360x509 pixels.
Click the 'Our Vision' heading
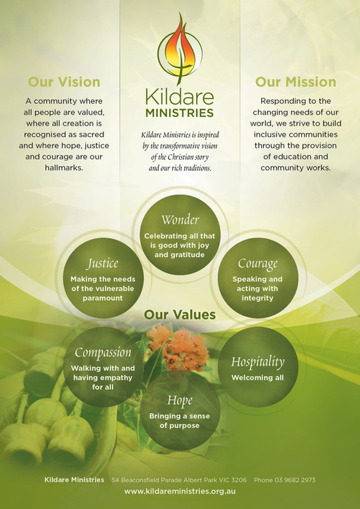click(64, 82)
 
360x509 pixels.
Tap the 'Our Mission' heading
click(296, 82)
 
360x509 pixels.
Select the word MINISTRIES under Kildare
click(179, 113)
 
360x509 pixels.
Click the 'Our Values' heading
click(179, 314)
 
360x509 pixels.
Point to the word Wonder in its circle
click(179, 220)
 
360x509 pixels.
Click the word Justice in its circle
click(102, 264)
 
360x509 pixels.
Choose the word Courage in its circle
click(257, 264)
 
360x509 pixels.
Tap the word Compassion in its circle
click(103, 353)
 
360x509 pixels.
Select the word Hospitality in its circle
click(257, 362)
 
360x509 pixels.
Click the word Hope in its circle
click(179, 401)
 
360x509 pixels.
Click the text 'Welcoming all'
click(257, 377)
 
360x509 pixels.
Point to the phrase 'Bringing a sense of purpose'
click(179, 421)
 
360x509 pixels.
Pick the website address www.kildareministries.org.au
click(180, 491)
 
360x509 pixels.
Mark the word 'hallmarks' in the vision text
click(64, 168)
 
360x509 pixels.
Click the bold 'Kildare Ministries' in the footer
click(75, 479)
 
